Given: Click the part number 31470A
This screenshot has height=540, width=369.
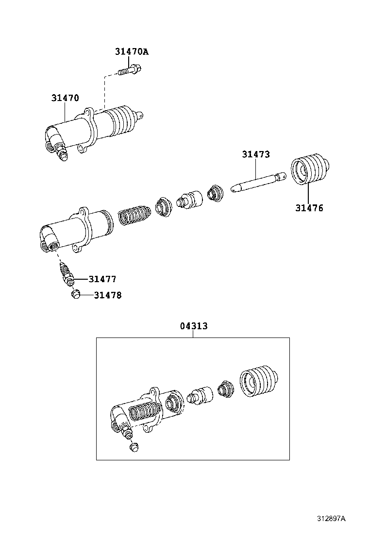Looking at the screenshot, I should [x=132, y=51].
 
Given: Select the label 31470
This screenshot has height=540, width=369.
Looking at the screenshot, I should [x=65, y=98].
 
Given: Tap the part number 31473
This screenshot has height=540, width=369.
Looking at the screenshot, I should [x=256, y=154].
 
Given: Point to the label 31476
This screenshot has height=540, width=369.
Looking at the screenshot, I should [x=309, y=208].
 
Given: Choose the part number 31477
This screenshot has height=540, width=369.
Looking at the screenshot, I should [x=102, y=279].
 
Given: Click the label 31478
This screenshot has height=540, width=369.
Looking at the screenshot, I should [x=107, y=295].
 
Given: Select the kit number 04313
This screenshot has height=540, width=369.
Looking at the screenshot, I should [x=194, y=326].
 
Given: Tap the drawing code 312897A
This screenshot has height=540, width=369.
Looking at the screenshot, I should [x=331, y=519].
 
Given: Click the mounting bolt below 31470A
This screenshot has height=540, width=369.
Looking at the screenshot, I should [x=129, y=71].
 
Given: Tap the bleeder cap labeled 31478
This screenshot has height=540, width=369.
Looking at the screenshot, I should [x=75, y=295].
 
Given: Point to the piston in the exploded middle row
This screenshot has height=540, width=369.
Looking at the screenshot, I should [x=190, y=199].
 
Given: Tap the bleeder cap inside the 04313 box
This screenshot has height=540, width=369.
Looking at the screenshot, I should [x=134, y=447].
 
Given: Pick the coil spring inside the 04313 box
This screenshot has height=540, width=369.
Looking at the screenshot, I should [x=145, y=411].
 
